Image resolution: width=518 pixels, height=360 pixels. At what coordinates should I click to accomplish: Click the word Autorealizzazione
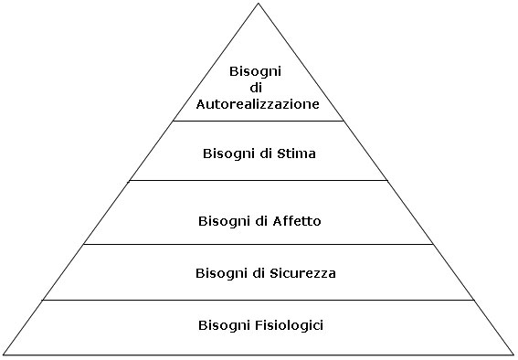point(259,104)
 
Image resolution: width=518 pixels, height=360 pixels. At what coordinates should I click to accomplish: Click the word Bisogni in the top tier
point(259,70)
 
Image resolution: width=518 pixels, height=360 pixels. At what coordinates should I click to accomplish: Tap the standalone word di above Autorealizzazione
point(259,87)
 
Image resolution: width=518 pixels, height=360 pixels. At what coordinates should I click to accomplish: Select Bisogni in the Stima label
point(228,154)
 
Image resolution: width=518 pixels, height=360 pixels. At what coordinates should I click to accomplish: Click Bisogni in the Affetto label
point(224,220)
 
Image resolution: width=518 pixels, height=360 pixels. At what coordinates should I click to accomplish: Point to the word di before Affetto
point(263,220)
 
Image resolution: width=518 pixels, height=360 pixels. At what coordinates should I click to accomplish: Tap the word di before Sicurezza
point(260,272)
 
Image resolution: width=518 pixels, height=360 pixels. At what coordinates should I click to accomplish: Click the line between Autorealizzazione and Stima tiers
point(259,121)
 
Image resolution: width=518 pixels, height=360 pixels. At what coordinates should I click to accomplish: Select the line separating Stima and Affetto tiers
point(259,180)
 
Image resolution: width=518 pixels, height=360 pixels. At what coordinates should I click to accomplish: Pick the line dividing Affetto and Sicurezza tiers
point(259,244)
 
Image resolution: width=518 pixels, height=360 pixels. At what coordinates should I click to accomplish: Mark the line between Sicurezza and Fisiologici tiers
point(259,299)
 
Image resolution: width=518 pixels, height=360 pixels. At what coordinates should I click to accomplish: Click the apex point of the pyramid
point(259,4)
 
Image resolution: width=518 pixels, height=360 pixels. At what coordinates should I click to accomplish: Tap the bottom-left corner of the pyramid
point(3,355)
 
